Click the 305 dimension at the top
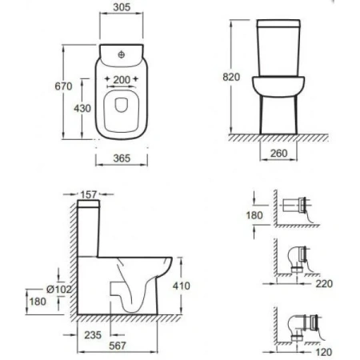coord(122,7)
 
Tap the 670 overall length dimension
coord(63,86)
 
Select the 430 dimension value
coord(82,108)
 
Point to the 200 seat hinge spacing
coord(122,79)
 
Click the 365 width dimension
coord(122,158)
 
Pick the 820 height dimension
coord(231,77)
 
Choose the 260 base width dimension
coord(279,154)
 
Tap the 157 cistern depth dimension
coord(89,194)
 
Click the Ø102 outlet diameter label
coord(59,289)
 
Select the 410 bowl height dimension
coord(182,286)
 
